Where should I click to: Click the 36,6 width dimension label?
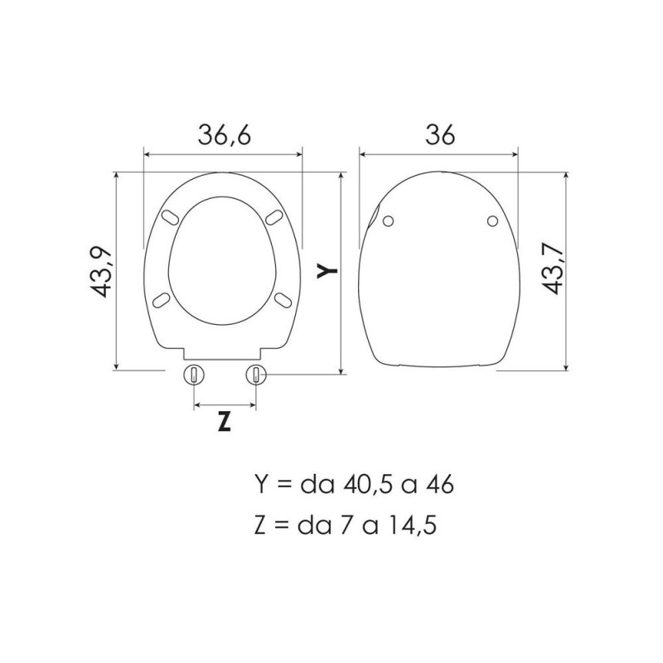[x=225, y=135]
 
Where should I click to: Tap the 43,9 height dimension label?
[x=101, y=272]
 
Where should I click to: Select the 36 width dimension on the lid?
[x=440, y=135]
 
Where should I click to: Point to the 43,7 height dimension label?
[x=554, y=269]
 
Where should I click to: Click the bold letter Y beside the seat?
[x=327, y=271]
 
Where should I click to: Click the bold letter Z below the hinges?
[x=225, y=422]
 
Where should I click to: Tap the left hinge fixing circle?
[x=194, y=375]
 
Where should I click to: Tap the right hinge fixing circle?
[x=256, y=375]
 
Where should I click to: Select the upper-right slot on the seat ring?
[x=274, y=217]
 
